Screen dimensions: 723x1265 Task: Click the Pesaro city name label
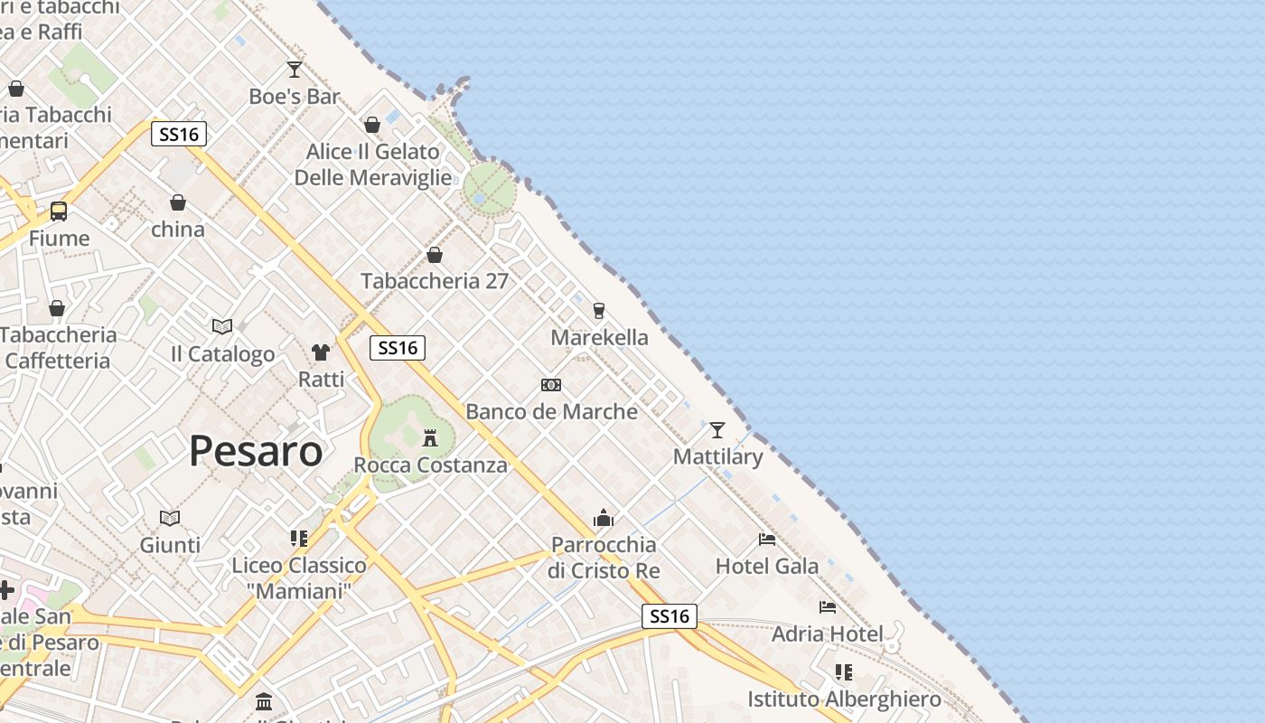tap(256, 451)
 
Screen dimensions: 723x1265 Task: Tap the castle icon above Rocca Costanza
tap(430, 438)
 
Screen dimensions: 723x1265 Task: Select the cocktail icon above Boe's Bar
tap(295, 70)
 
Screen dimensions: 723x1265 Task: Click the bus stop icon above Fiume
tap(59, 211)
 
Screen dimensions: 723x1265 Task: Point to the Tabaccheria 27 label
tap(435, 281)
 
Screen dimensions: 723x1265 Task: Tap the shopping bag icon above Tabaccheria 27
tap(435, 256)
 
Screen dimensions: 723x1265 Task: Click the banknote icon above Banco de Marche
tap(551, 385)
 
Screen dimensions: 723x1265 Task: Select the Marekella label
tap(599, 337)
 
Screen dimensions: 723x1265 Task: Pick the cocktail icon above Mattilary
tap(717, 430)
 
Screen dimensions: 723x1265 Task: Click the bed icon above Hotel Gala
tap(767, 540)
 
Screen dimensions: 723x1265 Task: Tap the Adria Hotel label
tap(827, 634)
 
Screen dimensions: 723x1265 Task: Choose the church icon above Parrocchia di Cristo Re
tap(604, 518)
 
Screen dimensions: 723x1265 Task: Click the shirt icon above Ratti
tap(321, 352)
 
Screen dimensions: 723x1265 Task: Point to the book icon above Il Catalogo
tap(222, 326)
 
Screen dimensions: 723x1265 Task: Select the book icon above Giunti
tap(170, 518)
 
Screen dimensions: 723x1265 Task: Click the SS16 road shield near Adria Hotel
tap(670, 616)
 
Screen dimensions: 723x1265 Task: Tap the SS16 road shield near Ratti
tap(398, 348)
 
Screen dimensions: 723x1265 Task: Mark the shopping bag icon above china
tap(178, 202)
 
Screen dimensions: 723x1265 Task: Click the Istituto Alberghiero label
tap(844, 700)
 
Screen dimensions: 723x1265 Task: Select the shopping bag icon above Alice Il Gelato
tap(372, 125)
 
